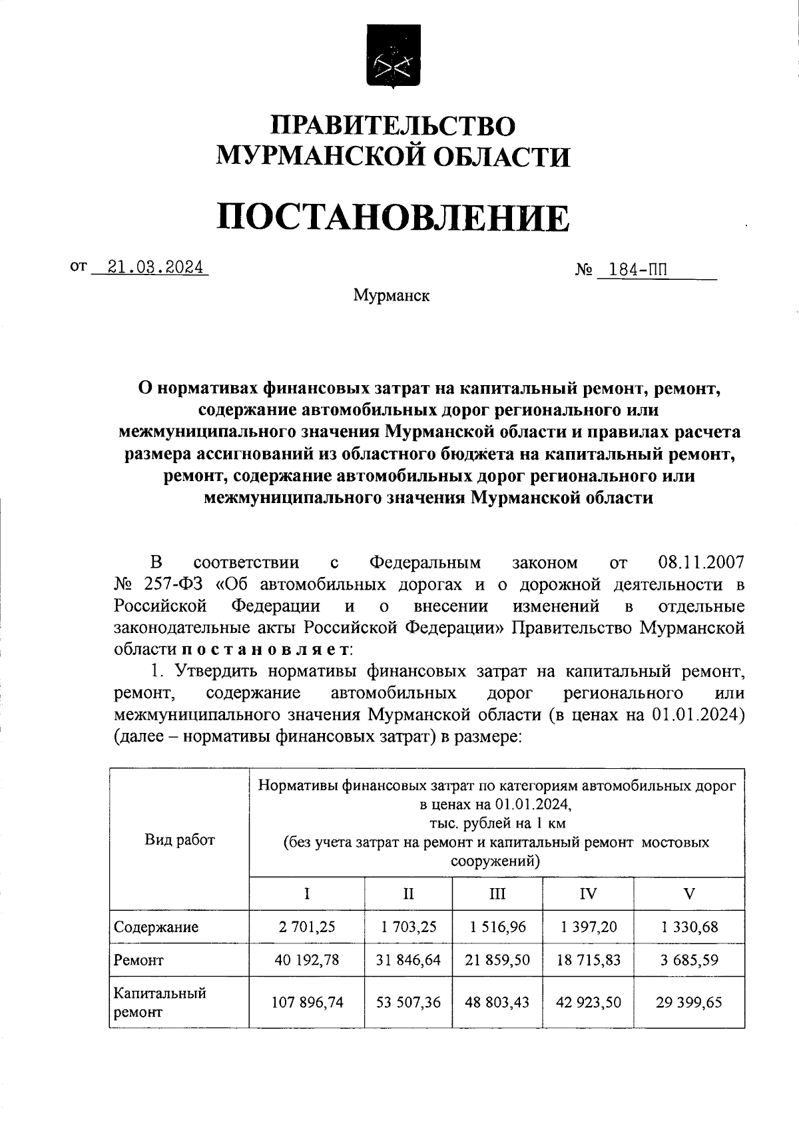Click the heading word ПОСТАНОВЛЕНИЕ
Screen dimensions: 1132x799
[393, 219]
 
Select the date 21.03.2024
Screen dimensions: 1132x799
[149, 268]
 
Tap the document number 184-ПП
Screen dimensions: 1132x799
[633, 271]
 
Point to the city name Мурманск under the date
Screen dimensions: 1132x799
[392, 295]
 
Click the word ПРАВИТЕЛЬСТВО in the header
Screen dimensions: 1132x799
[393, 127]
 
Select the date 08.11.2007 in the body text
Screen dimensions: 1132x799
[700, 563]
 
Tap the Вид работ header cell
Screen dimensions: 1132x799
[180, 840]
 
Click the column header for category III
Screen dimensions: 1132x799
[497, 893]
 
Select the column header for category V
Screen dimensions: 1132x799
[689, 893]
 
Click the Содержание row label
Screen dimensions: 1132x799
[156, 927]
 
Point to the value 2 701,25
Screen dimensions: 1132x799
[306, 927]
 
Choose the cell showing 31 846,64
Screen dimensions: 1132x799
[408, 960]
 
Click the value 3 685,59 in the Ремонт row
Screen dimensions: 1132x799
[689, 960]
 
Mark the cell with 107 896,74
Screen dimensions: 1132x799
[306, 1002]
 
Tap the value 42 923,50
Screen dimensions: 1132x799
[588, 1002]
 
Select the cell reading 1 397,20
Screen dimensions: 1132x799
[588, 927]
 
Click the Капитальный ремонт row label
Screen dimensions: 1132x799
[160, 1002]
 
